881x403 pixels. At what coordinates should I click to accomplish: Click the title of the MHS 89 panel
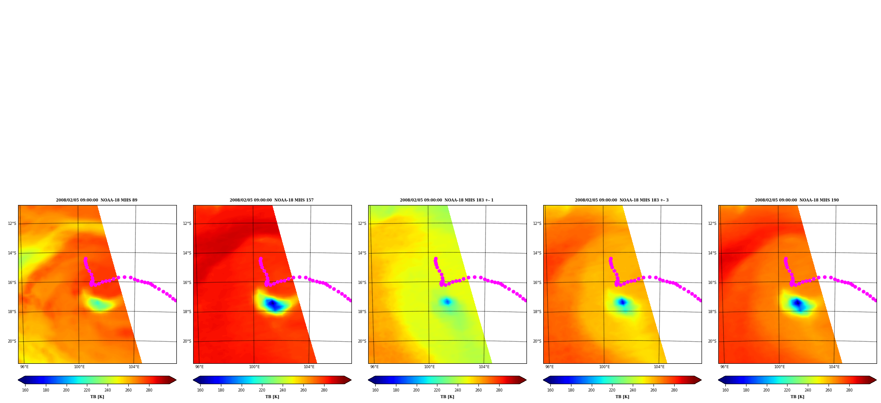[97, 200]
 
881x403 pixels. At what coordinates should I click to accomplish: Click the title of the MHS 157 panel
[272, 200]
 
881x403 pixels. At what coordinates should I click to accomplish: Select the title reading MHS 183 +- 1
[447, 200]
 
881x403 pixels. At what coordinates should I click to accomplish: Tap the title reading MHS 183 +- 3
[622, 200]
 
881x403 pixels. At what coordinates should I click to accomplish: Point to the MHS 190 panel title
[797, 200]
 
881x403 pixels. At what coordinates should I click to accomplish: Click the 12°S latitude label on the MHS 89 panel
[12, 224]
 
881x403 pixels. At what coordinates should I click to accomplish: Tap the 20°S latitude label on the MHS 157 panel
[187, 341]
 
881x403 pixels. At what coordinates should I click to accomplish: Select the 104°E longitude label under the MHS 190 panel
[834, 367]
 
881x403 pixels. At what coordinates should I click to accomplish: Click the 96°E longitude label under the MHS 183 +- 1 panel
[374, 367]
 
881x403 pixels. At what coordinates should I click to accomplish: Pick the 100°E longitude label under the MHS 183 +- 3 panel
[604, 367]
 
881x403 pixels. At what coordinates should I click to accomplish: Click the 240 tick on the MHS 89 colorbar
[108, 390]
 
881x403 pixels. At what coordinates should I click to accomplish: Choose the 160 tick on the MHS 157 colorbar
[200, 390]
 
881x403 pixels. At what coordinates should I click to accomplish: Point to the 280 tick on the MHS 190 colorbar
[849, 390]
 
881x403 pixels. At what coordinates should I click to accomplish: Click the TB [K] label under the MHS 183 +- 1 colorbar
[447, 397]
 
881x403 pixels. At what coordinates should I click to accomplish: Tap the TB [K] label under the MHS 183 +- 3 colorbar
[622, 397]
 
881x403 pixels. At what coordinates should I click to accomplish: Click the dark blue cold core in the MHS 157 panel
[273, 304]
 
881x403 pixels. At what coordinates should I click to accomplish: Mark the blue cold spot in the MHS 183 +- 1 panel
[447, 302]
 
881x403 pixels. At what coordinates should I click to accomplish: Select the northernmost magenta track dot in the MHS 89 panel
[86, 259]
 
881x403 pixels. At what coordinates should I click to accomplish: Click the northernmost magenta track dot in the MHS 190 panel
[786, 259]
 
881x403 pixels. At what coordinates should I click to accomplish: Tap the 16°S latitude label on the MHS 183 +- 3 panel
[537, 283]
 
